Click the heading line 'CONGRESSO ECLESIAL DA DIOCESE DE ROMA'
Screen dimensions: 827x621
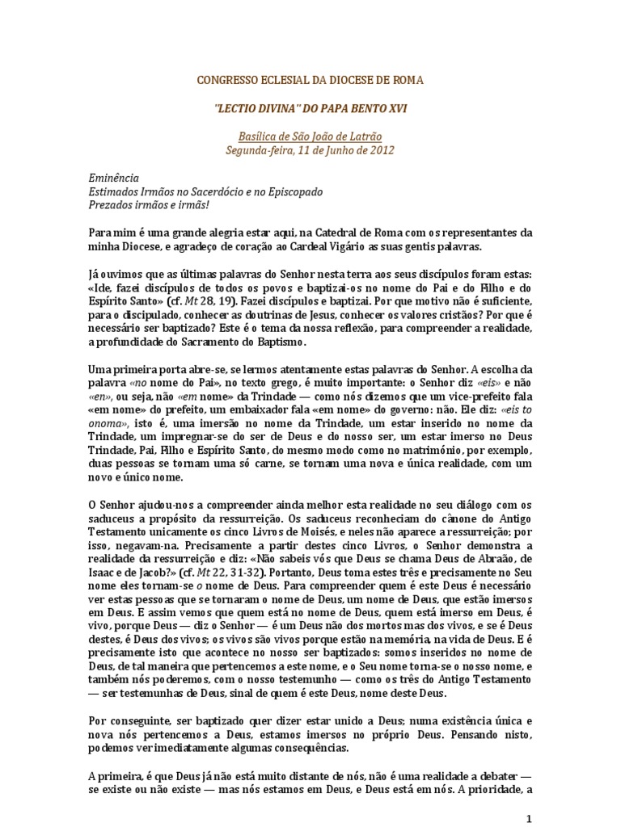point(310,81)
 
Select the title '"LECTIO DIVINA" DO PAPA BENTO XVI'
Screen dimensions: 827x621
point(310,107)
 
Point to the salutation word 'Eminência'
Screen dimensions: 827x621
point(114,177)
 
